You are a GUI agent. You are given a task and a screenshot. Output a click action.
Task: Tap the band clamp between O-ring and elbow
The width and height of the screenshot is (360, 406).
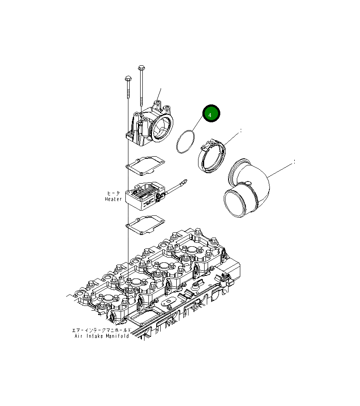[x=212, y=156]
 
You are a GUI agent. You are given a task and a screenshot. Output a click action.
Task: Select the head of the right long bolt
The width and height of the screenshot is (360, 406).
[x=141, y=67]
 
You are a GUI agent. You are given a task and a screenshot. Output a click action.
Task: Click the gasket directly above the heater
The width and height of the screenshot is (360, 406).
[x=144, y=164]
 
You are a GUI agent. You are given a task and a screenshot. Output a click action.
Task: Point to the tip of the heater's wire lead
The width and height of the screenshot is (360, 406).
[x=185, y=180]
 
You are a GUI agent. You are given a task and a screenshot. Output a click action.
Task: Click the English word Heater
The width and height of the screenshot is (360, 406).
[x=113, y=199]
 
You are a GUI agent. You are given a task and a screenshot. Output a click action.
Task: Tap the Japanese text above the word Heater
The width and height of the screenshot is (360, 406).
[x=114, y=193]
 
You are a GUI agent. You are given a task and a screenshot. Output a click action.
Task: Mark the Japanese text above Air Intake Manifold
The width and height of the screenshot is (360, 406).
[x=101, y=330]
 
